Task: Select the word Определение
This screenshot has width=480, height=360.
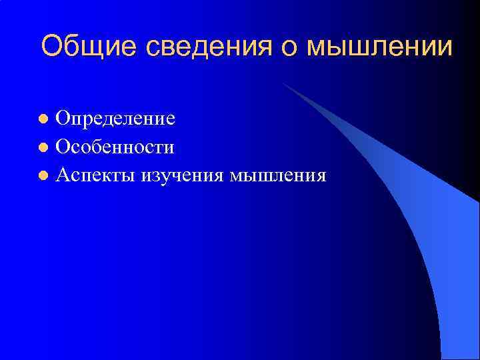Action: click(x=115, y=119)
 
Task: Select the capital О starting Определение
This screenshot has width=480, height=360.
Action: click(x=64, y=119)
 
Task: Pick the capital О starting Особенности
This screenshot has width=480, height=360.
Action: click(x=64, y=147)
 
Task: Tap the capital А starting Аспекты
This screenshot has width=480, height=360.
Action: click(x=64, y=175)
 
